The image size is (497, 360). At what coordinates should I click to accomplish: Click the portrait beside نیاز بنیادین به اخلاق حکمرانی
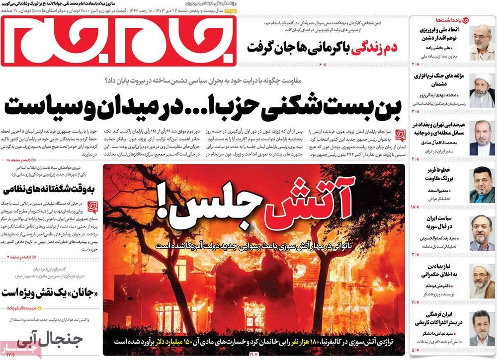click(x=482, y=281)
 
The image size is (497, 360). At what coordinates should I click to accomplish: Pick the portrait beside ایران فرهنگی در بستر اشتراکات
click(x=482, y=328)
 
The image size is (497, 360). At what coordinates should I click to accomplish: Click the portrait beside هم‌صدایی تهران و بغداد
click(x=482, y=138)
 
